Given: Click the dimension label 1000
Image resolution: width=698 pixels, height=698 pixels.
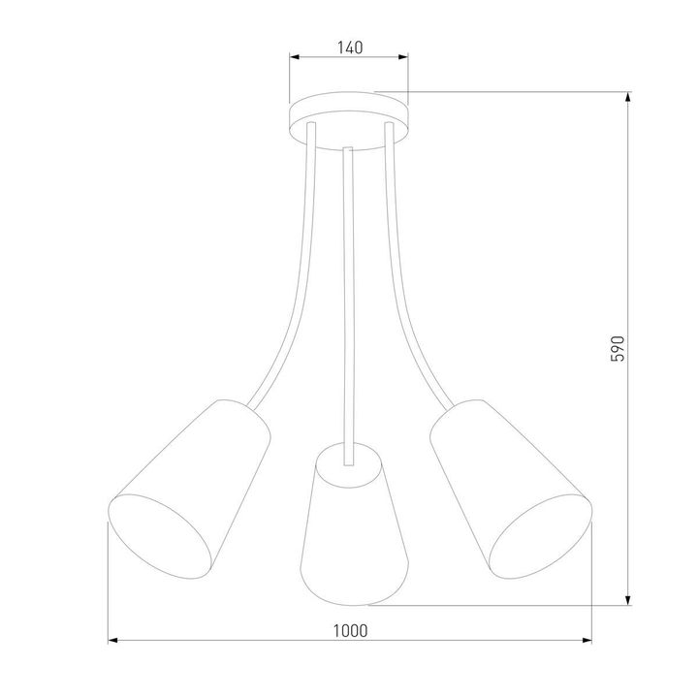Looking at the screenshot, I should [x=350, y=629].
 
